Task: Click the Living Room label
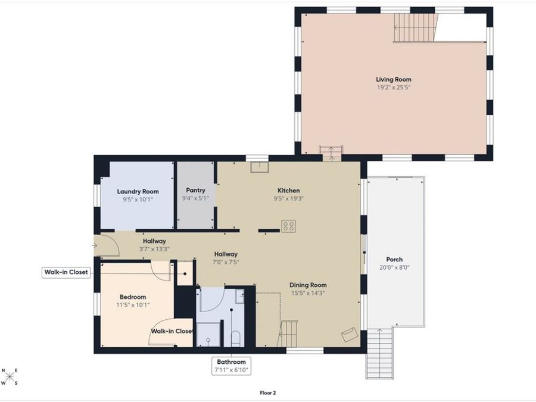tap(394, 79)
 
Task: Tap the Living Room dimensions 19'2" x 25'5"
tap(394, 88)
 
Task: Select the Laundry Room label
tap(138, 191)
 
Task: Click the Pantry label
tap(195, 190)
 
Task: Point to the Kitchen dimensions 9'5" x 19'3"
tap(288, 198)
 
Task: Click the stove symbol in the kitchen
tap(288, 226)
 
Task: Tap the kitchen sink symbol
tap(260, 167)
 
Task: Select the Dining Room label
tap(308, 285)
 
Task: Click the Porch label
tap(394, 260)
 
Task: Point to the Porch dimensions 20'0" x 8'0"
tap(394, 267)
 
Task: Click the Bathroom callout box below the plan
tap(231, 366)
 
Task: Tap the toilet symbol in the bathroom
tap(236, 338)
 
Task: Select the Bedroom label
tap(133, 297)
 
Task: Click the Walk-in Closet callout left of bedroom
tap(66, 272)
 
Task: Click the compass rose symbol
tap(10, 377)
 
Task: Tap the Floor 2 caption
tap(267, 393)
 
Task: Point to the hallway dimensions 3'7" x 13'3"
tap(154, 249)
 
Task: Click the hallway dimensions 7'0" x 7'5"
tap(226, 262)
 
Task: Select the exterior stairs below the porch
tap(379, 353)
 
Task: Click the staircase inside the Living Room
tap(416, 27)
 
